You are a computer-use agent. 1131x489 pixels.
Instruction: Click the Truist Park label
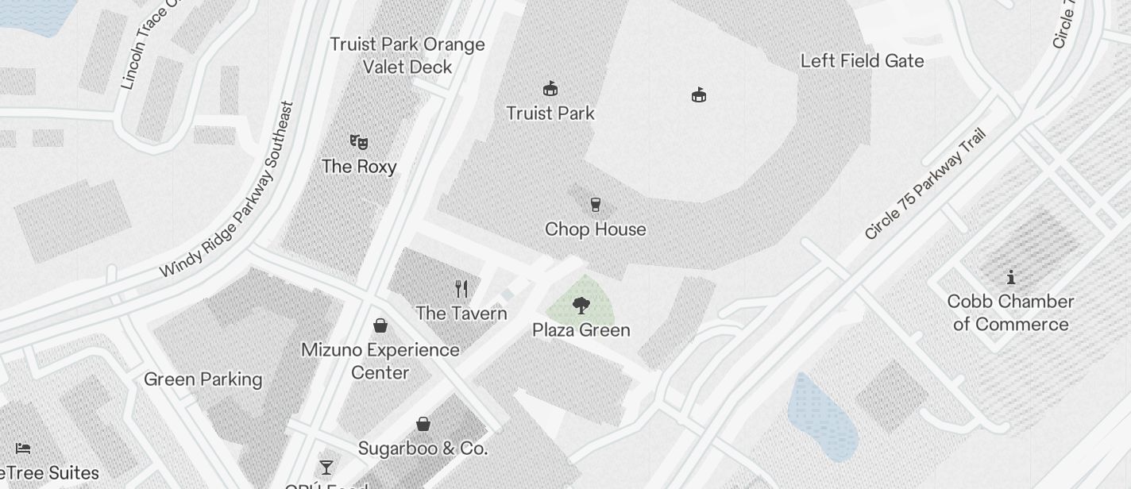(x=550, y=114)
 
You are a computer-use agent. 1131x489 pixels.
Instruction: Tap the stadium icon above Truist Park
(x=550, y=87)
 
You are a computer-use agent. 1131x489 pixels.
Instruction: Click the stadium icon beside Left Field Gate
(x=699, y=95)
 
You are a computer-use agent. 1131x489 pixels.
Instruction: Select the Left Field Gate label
(x=862, y=61)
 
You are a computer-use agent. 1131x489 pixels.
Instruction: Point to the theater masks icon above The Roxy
(x=359, y=142)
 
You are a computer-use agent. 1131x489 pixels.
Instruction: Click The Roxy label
(x=359, y=167)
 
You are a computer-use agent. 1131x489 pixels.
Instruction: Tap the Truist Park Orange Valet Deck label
(x=407, y=56)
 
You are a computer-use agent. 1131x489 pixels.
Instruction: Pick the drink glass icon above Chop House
(x=596, y=205)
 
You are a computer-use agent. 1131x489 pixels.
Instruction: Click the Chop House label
(x=596, y=229)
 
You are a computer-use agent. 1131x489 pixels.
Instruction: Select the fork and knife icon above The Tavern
(x=461, y=288)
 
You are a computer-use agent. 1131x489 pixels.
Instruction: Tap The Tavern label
(x=461, y=314)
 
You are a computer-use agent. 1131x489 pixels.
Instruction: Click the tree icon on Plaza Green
(x=581, y=305)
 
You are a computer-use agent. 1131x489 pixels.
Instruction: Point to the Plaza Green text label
(x=581, y=330)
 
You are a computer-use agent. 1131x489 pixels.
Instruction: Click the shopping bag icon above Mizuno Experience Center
(x=380, y=325)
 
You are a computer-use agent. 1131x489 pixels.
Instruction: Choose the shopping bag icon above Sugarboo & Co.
(x=423, y=424)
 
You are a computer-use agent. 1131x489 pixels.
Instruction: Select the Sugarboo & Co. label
(x=423, y=449)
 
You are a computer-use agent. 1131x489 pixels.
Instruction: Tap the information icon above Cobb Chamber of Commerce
(x=1011, y=277)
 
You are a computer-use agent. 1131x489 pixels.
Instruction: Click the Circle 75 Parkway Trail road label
(x=925, y=183)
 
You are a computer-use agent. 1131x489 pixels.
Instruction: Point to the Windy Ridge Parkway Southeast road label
(x=227, y=190)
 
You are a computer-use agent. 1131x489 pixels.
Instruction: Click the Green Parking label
(x=203, y=379)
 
